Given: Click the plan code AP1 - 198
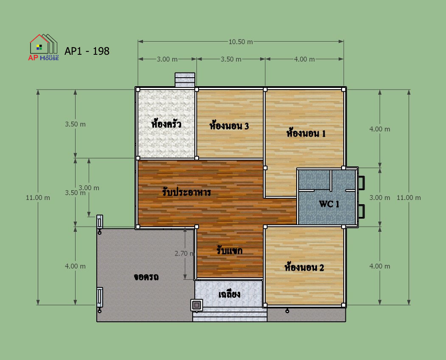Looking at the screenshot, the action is [87, 51].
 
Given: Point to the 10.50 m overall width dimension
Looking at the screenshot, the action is [241, 42].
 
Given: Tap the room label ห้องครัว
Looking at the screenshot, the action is [166, 124].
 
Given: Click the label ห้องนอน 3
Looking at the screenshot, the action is [229, 126].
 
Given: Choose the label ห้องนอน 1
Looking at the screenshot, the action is [306, 133].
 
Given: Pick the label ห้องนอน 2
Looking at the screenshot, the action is [304, 267].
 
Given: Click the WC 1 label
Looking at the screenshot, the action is [329, 204].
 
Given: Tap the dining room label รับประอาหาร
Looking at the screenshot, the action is [186, 192].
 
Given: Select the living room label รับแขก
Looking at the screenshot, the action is [229, 250].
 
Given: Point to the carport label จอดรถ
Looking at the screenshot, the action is [146, 277].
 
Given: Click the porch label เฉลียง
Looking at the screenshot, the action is [229, 294].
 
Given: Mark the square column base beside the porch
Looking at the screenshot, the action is [196, 305].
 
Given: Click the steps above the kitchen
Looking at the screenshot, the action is [185, 80].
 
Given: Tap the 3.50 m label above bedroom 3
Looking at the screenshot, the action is [231, 59].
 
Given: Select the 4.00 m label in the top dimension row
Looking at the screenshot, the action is [304, 59].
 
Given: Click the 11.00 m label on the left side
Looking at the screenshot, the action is [38, 197].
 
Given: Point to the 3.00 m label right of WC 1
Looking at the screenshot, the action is [380, 197].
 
